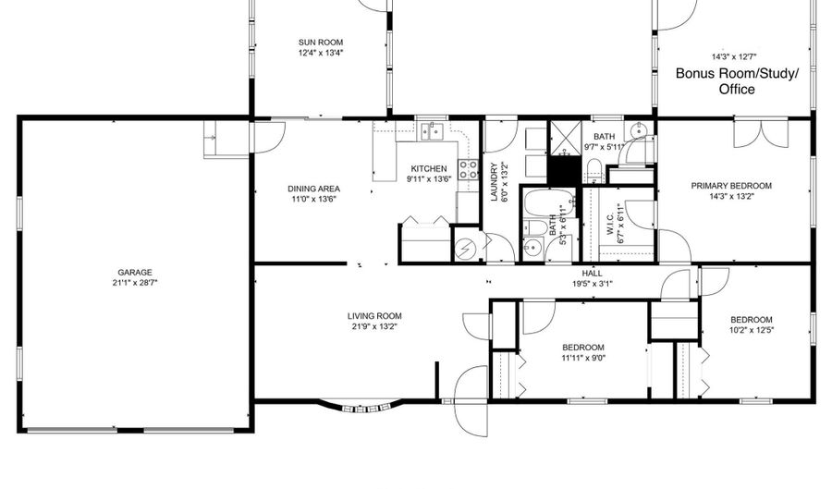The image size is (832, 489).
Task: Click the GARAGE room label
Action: point(134,273)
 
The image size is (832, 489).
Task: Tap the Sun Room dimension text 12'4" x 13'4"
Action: point(322,53)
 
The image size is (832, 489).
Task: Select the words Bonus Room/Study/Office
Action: point(736,81)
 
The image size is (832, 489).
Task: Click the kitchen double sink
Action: point(431,132)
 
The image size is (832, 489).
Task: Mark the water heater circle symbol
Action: point(468,247)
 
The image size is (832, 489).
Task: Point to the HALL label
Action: point(592,274)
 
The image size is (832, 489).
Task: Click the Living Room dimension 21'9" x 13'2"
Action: point(376,326)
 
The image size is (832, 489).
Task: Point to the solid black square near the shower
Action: point(561,170)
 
